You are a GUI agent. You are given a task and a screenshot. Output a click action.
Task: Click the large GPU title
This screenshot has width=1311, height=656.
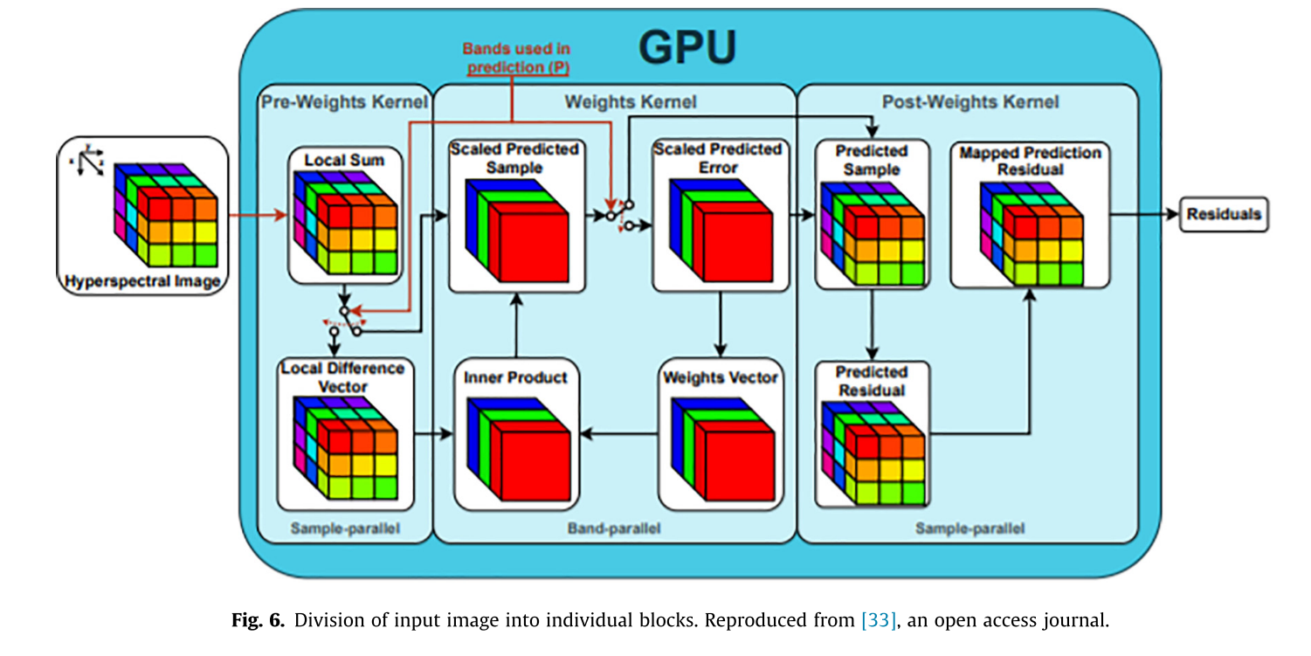(x=688, y=48)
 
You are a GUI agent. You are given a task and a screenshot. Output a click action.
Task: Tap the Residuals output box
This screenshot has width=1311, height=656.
(x=1223, y=214)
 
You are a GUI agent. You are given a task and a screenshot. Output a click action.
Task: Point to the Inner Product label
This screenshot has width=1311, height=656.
(x=515, y=377)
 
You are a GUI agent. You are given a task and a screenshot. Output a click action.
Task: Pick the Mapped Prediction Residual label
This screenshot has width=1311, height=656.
(x=1030, y=161)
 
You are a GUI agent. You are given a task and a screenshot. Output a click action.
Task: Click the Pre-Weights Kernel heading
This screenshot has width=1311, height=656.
(x=344, y=102)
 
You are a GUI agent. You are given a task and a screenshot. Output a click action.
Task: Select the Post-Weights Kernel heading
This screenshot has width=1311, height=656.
(x=969, y=102)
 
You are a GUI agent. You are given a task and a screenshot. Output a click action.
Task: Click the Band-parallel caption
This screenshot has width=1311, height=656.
(x=614, y=528)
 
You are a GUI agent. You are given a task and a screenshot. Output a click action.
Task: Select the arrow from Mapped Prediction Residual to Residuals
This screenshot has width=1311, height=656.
(x=1144, y=214)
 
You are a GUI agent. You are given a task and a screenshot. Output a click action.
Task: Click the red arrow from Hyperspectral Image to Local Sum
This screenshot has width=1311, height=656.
(x=258, y=214)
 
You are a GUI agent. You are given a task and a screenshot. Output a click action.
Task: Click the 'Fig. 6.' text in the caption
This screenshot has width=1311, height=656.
(x=259, y=621)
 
